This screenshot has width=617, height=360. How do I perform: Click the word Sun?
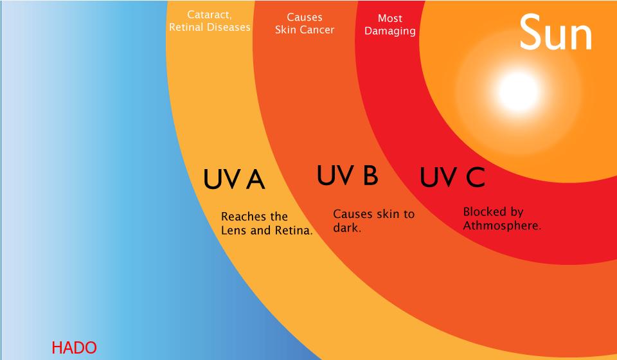tap(555, 32)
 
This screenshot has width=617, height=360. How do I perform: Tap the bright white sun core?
tap(519, 91)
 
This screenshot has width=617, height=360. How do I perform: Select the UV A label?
tap(234, 179)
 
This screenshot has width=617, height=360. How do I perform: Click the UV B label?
tap(348, 175)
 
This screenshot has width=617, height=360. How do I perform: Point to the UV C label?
tap(452, 177)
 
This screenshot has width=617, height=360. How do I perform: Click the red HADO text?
tap(74, 348)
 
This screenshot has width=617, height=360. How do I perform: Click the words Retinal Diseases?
tap(210, 27)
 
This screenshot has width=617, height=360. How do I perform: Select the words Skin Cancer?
tap(305, 30)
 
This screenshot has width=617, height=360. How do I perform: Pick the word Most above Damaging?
tap(390, 18)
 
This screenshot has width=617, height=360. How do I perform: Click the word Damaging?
tap(390, 31)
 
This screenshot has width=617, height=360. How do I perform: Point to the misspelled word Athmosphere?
tap(502, 226)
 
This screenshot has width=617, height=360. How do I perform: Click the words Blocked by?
tap(493, 212)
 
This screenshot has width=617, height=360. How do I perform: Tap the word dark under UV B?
tap(346, 228)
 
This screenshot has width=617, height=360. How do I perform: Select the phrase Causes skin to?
tap(374, 215)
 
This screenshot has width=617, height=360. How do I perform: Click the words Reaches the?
tap(255, 217)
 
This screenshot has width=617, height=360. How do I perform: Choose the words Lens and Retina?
tap(267, 230)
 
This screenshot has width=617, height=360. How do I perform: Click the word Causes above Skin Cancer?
tap(305, 17)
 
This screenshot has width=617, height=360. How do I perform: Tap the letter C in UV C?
tap(476, 177)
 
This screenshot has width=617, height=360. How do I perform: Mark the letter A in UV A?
tap(256, 179)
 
